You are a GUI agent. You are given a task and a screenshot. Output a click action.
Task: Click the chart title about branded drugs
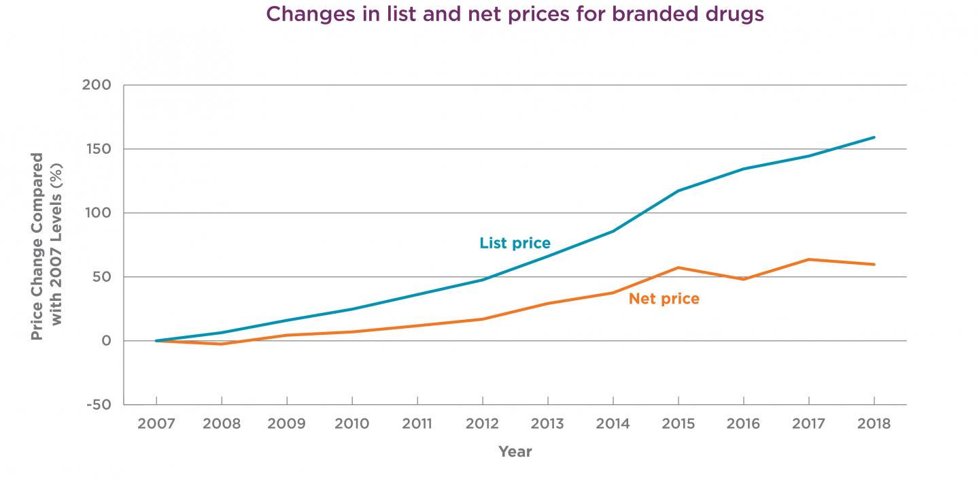pyautogui.click(x=515, y=14)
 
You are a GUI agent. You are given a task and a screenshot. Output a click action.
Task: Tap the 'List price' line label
pyautogui.click(x=515, y=243)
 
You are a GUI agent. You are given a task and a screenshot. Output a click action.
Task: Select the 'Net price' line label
pyautogui.click(x=664, y=299)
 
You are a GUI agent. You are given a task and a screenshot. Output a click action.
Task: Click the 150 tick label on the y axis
pyautogui.click(x=99, y=149)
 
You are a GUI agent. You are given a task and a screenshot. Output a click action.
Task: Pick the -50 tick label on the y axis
pyautogui.click(x=98, y=405)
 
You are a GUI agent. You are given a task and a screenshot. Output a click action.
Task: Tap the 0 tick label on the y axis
pyautogui.click(x=106, y=341)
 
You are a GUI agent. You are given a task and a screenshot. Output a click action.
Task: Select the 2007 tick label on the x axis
pyautogui.click(x=156, y=424)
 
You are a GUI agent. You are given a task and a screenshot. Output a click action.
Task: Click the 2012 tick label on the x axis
pyautogui.click(x=482, y=424)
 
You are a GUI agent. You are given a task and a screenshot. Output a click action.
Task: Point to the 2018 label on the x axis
pyautogui.click(x=874, y=424)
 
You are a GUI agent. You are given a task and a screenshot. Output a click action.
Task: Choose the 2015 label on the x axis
pyautogui.click(x=678, y=424)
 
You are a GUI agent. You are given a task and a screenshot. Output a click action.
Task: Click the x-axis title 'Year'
pyautogui.click(x=515, y=451)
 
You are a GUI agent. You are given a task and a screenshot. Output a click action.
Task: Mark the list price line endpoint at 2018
pyautogui.click(x=874, y=137)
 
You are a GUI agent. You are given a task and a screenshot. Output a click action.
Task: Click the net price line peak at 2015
pyautogui.click(x=678, y=267)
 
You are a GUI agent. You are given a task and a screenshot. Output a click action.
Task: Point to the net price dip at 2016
pyautogui.click(x=743, y=279)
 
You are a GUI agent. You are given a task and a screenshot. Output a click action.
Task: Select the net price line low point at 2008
pyautogui.click(x=222, y=344)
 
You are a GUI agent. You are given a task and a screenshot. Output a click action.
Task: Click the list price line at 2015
pyautogui.click(x=678, y=191)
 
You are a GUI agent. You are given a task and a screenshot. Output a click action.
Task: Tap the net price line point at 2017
pyautogui.click(x=808, y=259)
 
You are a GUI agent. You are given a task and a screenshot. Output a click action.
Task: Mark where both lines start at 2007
pyautogui.click(x=156, y=340)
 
